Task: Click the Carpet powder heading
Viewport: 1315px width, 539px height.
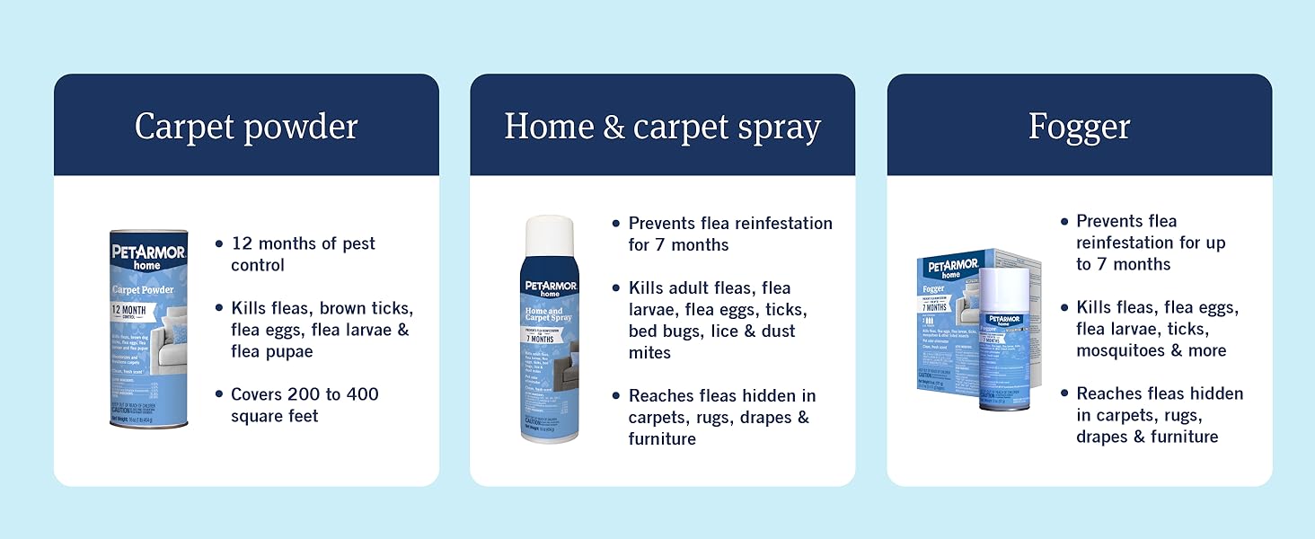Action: [246, 127]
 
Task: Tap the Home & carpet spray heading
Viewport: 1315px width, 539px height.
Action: [662, 127]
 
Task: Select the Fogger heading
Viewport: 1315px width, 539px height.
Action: [1079, 127]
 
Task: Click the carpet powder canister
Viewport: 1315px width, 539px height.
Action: [148, 328]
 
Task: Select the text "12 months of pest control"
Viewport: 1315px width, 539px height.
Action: [303, 254]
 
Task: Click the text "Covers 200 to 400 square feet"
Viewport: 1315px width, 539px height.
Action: [304, 405]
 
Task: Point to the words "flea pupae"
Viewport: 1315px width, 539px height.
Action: [271, 351]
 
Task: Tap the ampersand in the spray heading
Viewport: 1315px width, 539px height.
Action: [613, 127]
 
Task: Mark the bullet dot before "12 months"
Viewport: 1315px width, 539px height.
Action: [219, 243]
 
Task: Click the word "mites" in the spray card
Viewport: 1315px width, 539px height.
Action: [649, 352]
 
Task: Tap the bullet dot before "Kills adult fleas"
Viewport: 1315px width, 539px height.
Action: [616, 287]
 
